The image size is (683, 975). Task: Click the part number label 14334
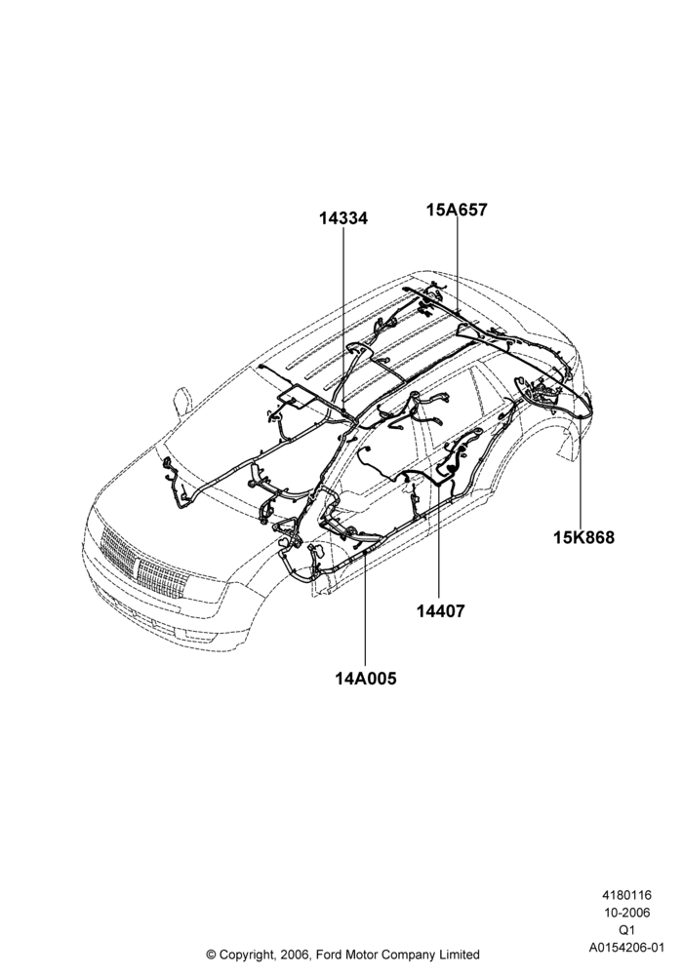(x=343, y=218)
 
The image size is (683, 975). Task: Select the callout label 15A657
(x=457, y=210)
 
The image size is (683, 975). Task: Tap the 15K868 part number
(x=583, y=537)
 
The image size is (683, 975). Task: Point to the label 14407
(x=440, y=611)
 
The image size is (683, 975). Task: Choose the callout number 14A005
(x=365, y=679)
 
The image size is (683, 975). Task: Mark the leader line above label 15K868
(x=581, y=471)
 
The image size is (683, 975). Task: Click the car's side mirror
(x=181, y=402)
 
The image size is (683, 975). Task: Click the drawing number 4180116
(x=625, y=895)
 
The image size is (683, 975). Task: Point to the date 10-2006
(x=626, y=913)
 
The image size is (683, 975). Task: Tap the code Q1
(x=626, y=930)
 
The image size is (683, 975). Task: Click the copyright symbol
(x=211, y=955)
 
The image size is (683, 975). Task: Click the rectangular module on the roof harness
(x=296, y=397)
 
